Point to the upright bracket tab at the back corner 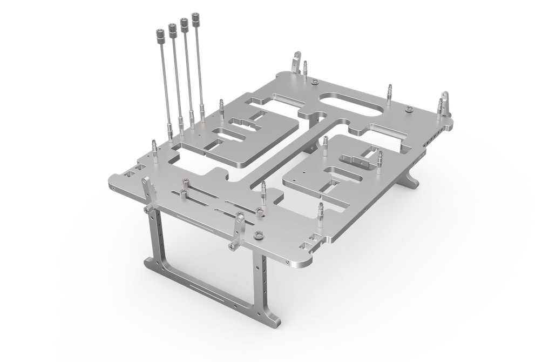(x=296, y=61)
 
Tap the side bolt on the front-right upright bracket (x=232, y=246)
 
